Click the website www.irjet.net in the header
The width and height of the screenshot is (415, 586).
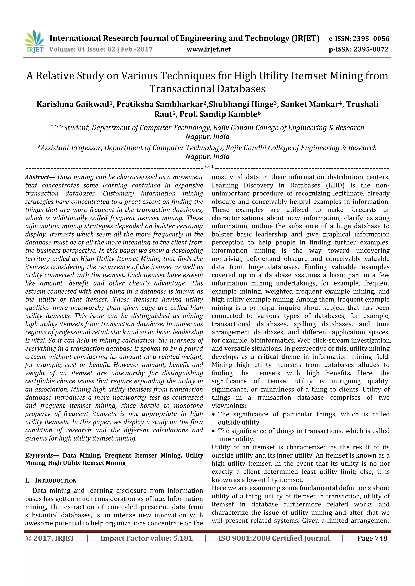209,49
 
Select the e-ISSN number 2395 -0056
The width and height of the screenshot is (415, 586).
371,39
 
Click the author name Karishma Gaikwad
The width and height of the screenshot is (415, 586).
73,104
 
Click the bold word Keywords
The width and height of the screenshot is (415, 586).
39,455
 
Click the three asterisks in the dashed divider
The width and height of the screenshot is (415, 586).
209,167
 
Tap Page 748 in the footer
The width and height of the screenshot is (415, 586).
372,538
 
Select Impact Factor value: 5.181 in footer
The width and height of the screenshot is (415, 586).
146,538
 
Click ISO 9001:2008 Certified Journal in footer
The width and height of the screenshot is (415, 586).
274,538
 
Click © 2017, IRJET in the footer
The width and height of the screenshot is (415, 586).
50,538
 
